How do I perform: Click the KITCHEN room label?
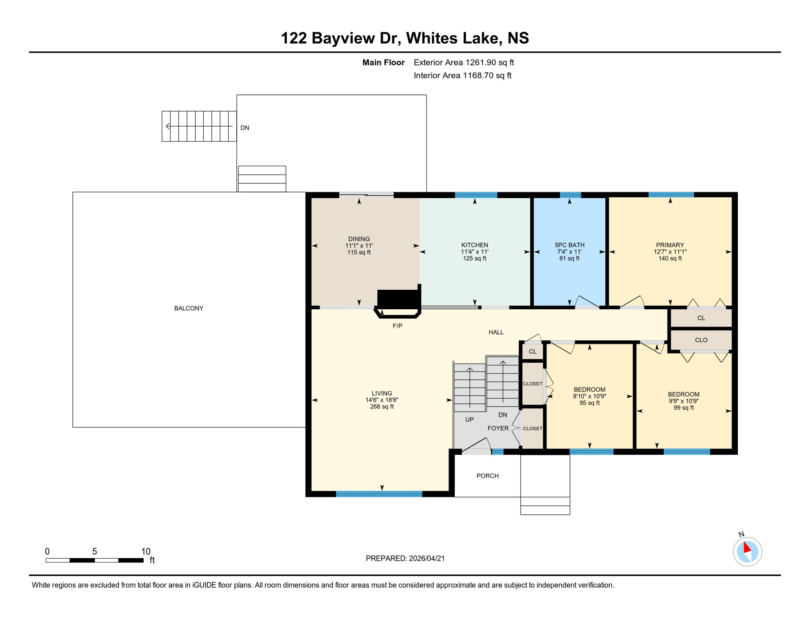pos(474,245)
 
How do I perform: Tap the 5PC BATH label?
pos(569,245)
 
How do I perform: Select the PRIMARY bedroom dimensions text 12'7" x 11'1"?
pos(670,252)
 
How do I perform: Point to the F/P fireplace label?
pos(397,326)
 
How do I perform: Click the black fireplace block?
pos(398,299)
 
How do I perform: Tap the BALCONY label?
pos(189,308)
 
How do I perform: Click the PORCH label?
pos(487,476)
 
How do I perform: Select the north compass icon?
pos(747,551)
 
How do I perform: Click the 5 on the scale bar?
pos(95,551)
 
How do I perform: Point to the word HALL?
pos(496,332)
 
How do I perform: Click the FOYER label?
pos(498,428)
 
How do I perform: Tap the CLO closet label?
pos(701,340)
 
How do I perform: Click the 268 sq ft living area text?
pos(382,407)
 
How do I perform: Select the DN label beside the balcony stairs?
pos(244,128)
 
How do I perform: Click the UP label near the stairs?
pos(469,419)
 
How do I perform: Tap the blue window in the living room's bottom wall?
pos(379,494)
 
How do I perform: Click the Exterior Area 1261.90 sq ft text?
pos(464,62)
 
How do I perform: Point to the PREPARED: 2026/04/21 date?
pos(405,558)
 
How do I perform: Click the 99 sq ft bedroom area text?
pos(683,408)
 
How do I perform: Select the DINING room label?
pos(359,239)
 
